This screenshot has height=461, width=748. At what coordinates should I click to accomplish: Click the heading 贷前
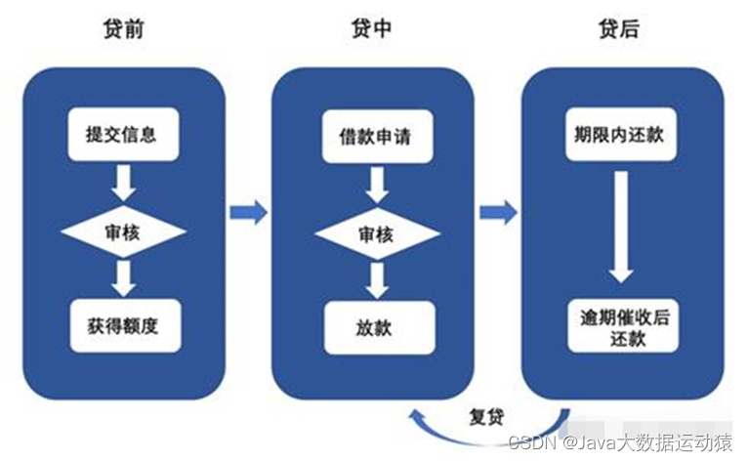tap(122, 30)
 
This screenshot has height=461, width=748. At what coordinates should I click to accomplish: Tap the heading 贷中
tap(371, 30)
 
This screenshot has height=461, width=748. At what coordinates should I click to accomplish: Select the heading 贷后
tap(618, 30)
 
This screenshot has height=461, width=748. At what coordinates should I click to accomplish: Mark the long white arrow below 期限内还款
tap(621, 227)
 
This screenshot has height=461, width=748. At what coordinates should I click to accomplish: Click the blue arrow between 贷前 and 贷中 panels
tap(248, 210)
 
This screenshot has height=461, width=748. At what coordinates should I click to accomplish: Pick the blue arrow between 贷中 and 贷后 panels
tap(498, 210)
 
